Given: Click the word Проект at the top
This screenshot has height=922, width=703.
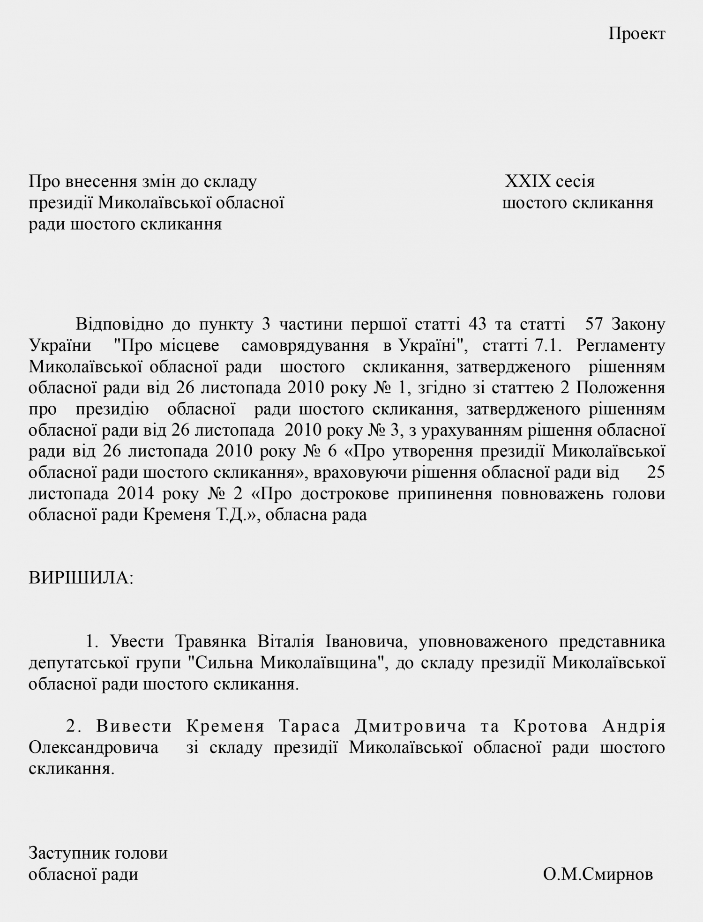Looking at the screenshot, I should (x=636, y=34).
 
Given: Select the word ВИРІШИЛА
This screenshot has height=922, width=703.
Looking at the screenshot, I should (x=81, y=578).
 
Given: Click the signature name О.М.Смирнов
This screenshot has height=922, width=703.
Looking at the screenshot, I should (x=598, y=874).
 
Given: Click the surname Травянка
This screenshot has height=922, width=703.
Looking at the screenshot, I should (x=210, y=641).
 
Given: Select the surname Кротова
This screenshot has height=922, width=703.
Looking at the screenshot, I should (x=551, y=726).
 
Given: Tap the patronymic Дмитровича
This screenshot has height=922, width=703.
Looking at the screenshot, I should (x=410, y=726).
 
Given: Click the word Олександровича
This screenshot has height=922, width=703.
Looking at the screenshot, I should (x=93, y=747).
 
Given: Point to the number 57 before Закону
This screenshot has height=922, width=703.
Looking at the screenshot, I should (x=596, y=324).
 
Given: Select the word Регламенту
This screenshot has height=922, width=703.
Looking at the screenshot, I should (x=621, y=346).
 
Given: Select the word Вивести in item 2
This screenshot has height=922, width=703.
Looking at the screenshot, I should (x=135, y=726).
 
